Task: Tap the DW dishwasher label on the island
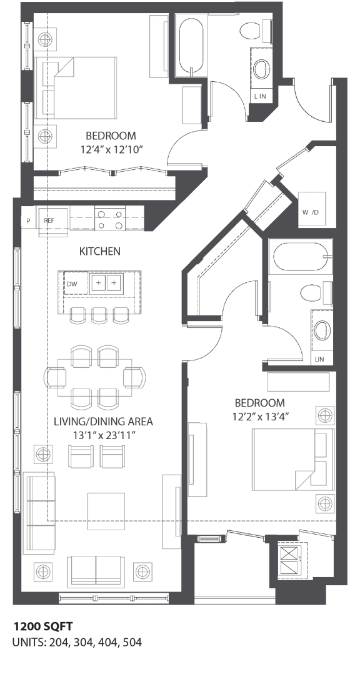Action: click(x=72, y=283)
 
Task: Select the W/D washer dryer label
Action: click(x=311, y=212)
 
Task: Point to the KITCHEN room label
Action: click(x=99, y=251)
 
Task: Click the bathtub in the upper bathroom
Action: click(x=191, y=47)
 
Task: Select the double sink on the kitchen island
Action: click(x=105, y=283)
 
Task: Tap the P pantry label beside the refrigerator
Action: click(x=28, y=221)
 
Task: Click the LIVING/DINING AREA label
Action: click(x=103, y=421)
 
